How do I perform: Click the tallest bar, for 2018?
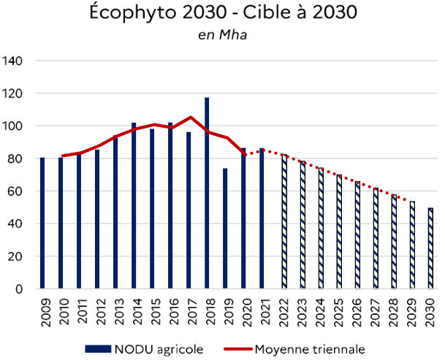(208, 194)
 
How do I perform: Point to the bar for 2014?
(134, 206)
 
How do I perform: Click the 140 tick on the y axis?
(14, 61)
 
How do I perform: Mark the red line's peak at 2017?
(190, 117)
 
